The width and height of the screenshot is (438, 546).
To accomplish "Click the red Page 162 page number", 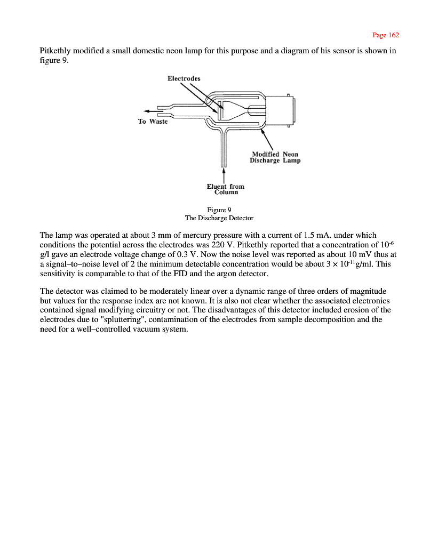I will [x=385, y=35].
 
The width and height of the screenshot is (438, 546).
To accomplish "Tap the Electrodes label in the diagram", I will [x=184, y=78].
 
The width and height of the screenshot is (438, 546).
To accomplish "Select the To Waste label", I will [x=153, y=122].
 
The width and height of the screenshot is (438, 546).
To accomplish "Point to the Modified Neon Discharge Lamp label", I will [x=275, y=157].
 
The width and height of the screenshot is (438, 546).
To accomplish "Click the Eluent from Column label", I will [x=225, y=189].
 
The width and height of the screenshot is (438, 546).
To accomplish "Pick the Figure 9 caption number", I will [x=219, y=210].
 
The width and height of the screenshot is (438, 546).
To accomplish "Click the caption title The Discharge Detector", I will [x=219, y=218].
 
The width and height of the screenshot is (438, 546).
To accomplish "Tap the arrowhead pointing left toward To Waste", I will [x=147, y=110].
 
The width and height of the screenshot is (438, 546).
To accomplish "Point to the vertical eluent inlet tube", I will [x=224, y=149].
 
